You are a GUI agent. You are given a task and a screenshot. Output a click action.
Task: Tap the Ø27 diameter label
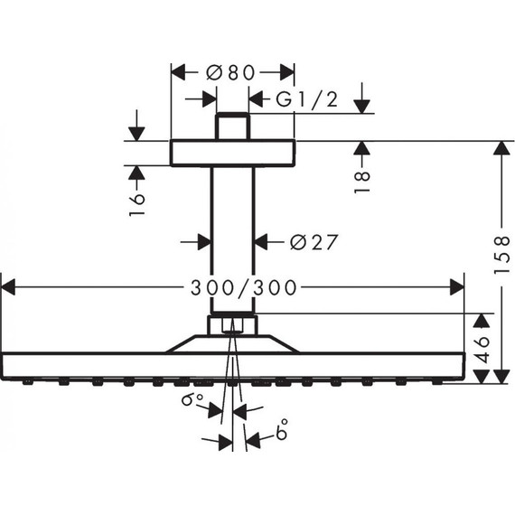coord(314,242)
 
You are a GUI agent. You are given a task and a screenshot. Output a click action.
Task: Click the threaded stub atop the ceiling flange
coord(232,126)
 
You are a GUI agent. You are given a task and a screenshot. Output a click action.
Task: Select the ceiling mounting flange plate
coord(233,153)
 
